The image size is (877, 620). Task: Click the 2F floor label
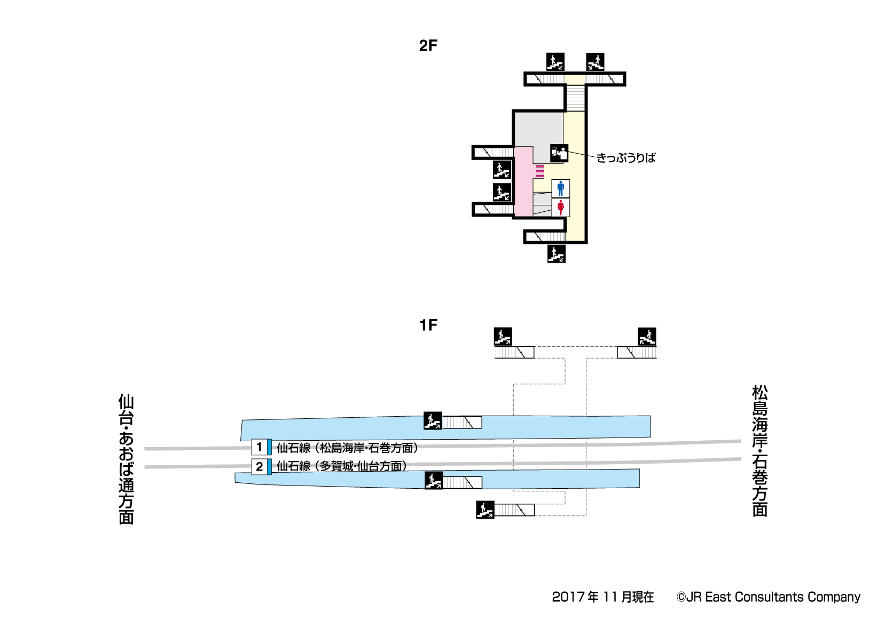tap(428, 46)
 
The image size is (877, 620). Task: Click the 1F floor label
tap(428, 325)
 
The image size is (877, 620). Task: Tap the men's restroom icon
tap(560, 188)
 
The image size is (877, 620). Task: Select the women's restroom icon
tap(560, 208)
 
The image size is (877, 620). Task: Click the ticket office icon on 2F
tap(559, 153)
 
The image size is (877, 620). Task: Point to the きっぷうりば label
tap(625, 158)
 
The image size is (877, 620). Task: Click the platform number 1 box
tap(259, 447)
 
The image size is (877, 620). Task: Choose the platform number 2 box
tap(259, 466)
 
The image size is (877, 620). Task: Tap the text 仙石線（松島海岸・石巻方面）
tap(347, 448)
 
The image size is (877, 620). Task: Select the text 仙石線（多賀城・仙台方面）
tap(342, 466)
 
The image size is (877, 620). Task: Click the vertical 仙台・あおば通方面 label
tap(126, 459)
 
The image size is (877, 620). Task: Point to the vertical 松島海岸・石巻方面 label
tap(759, 451)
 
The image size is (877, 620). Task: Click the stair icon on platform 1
tap(433, 421)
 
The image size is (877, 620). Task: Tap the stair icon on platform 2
tap(433, 481)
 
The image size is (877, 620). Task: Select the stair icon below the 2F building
tap(556, 254)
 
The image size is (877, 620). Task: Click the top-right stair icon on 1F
tap(647, 337)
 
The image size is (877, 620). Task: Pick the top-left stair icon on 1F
tap(503, 337)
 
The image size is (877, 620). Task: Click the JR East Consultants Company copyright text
tap(768, 597)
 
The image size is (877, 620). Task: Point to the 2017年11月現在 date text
tap(602, 597)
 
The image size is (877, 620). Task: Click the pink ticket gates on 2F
tap(539, 171)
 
